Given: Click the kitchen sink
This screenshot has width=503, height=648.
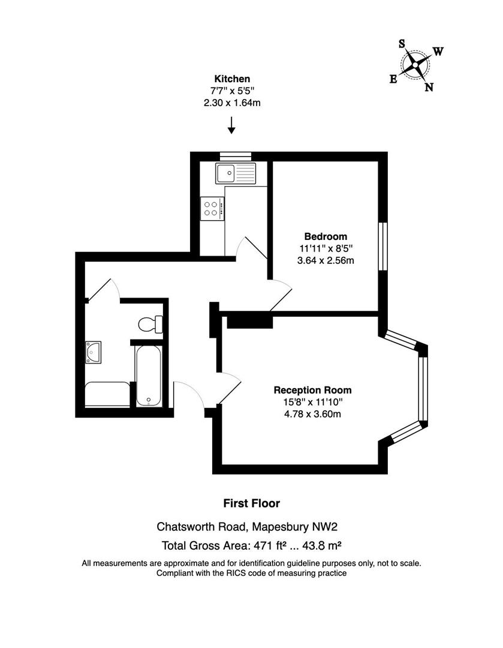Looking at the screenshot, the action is (x=236, y=173).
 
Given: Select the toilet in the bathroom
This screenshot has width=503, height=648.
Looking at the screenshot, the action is (x=150, y=324).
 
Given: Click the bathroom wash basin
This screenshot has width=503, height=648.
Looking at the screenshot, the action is (x=94, y=352).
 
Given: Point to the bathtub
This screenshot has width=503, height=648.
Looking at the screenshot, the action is (x=149, y=376).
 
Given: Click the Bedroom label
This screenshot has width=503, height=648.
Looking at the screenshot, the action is (x=326, y=236).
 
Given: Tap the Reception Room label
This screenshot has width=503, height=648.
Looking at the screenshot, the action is (x=312, y=390).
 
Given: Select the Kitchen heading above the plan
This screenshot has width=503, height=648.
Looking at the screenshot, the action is (x=232, y=79).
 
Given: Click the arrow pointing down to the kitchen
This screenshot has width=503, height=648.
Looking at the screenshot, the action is (x=231, y=125).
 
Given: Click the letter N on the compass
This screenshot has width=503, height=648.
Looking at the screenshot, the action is (x=429, y=87).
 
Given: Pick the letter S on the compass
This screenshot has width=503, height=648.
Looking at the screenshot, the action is (x=402, y=43).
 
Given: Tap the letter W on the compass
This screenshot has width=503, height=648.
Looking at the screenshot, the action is (x=438, y=51).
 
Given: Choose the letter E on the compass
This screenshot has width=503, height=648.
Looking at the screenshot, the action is (x=393, y=79).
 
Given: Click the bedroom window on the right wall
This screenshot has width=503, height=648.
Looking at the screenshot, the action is (x=383, y=247).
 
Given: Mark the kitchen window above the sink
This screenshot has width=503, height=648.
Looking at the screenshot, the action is (x=236, y=156).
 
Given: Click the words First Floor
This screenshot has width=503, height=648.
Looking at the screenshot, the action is (x=252, y=503).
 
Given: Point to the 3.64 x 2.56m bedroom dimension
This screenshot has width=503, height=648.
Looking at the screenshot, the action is (x=326, y=261).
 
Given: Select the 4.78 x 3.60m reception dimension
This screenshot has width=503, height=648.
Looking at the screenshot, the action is (x=312, y=414).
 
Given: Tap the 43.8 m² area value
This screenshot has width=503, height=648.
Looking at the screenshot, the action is (x=322, y=545).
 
